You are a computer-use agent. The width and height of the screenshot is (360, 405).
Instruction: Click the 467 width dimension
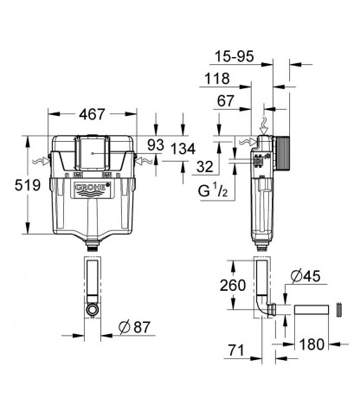92,114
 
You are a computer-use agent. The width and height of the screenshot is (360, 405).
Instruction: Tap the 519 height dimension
28,185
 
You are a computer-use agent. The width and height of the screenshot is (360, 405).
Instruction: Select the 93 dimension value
156,145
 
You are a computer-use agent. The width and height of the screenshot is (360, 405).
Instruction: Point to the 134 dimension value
183,149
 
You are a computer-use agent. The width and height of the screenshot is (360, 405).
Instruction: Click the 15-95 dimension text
235,56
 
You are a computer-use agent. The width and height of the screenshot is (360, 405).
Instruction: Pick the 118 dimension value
217,79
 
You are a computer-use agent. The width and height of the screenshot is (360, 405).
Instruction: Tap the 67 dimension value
225,101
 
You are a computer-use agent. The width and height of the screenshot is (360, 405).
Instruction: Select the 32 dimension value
205,167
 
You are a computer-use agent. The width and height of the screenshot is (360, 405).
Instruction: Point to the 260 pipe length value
233,286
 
